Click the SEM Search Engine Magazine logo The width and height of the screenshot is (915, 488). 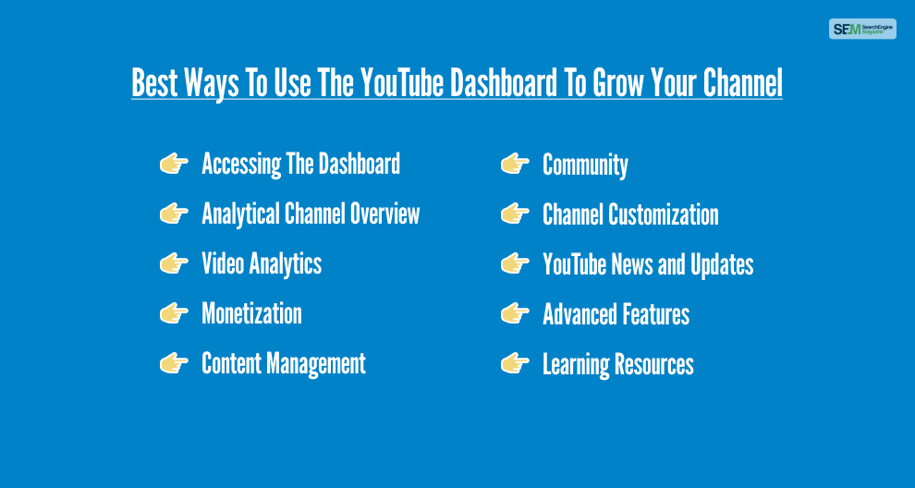(862, 29)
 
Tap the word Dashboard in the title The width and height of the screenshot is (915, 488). (505, 82)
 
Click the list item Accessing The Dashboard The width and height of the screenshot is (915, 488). (300, 164)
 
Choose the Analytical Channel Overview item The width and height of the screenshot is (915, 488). (311, 214)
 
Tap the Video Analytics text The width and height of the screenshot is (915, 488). (262, 263)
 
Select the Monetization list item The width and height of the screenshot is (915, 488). (251, 314)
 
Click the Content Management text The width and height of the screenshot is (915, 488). (284, 363)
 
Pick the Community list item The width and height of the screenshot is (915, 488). (585, 165)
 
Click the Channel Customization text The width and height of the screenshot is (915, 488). (630, 214)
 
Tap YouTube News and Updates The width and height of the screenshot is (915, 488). (648, 264)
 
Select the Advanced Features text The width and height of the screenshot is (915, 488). (616, 314)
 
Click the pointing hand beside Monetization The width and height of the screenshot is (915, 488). (174, 314)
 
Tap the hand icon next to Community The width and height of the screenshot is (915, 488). (515, 164)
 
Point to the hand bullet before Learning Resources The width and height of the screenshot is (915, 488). (515, 363)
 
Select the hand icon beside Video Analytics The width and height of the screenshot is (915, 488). (174, 263)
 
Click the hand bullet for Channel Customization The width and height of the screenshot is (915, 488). (515, 214)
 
